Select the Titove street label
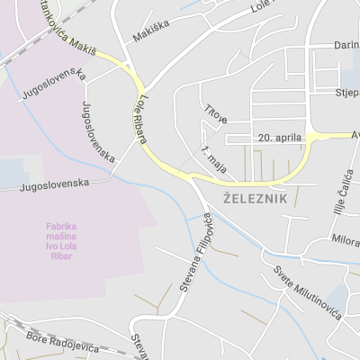215,114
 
